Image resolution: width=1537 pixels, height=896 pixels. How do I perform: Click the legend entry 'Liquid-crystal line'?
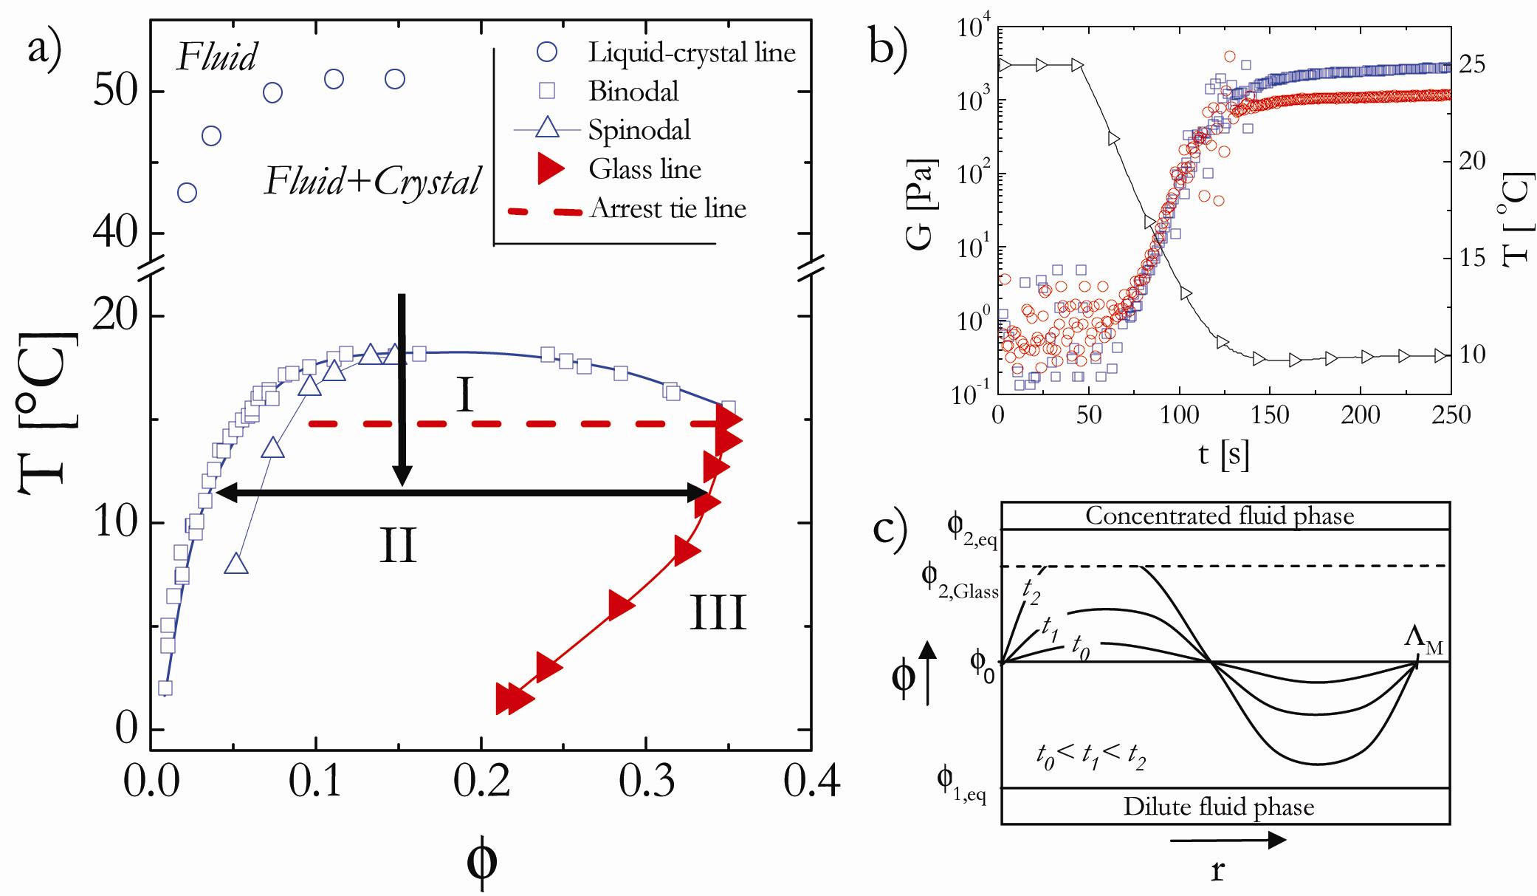[x=692, y=52]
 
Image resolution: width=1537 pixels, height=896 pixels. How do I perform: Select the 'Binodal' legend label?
[x=633, y=91]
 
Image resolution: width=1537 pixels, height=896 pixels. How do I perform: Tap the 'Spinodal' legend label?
[x=639, y=130]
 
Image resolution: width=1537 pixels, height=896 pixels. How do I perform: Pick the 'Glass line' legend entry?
[x=644, y=169]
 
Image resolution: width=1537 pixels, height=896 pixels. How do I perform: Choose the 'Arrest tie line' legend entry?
[x=667, y=209]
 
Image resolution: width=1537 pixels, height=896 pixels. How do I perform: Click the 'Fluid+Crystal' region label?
[x=373, y=182]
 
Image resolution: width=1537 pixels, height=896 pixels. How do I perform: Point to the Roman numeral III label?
[x=718, y=614]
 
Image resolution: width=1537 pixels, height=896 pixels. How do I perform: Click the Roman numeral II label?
[x=399, y=547]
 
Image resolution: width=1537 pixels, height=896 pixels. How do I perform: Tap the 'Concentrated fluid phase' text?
[x=1220, y=515]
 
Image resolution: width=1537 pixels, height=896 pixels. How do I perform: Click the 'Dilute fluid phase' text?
[x=1218, y=807]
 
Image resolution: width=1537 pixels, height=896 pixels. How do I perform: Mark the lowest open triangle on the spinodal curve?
[x=236, y=564]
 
